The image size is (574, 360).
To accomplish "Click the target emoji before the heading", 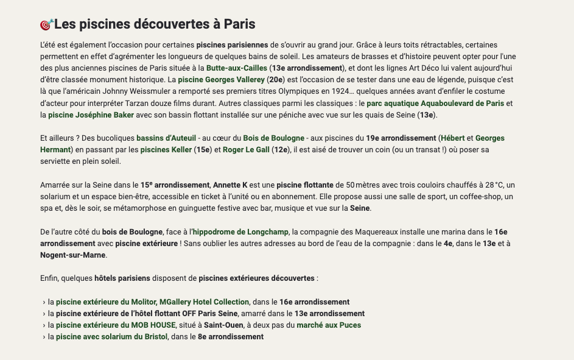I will point(46,24).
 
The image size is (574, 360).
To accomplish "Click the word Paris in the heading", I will point(239,24).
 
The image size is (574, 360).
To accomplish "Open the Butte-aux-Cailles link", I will point(236,68).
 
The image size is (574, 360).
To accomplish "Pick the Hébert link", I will point(452,138).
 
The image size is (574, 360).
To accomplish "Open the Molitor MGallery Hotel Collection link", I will point(152,302).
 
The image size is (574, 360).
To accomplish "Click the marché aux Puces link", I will point(329,325).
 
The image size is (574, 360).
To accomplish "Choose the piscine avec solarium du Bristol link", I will point(111,336).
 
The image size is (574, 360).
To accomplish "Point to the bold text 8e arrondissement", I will point(231,336).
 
